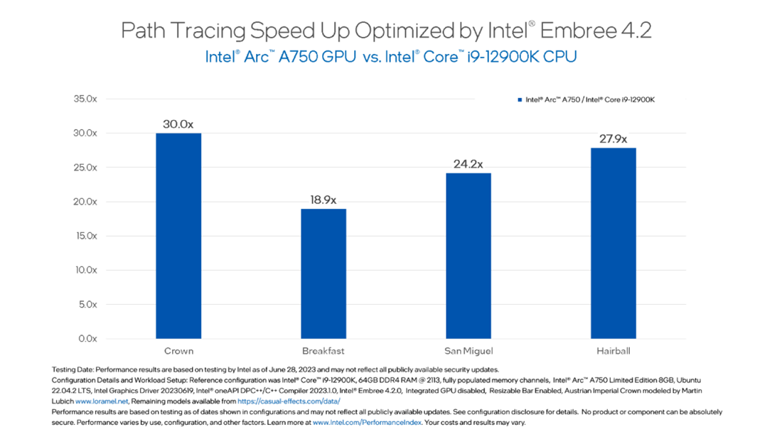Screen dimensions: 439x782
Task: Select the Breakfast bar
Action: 323,273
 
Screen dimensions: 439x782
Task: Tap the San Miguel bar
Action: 468,256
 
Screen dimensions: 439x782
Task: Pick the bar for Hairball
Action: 613,243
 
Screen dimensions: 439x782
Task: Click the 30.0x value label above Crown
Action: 178,124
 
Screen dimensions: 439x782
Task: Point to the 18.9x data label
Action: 323,200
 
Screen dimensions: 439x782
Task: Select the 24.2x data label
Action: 468,164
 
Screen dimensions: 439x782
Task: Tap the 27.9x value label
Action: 613,139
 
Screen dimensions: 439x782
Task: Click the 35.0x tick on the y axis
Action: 85,99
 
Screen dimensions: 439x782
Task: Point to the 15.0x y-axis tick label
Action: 85,236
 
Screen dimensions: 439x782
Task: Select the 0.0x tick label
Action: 87,339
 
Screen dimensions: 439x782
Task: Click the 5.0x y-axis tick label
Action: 87,304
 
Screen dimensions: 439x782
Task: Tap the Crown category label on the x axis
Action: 178,351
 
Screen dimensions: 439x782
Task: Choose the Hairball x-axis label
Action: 613,351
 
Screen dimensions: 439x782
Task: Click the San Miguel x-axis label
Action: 468,351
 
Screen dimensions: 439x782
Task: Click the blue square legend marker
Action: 520,101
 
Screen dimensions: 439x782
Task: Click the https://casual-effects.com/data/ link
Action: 289,401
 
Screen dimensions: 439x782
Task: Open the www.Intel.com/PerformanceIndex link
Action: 368,423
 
